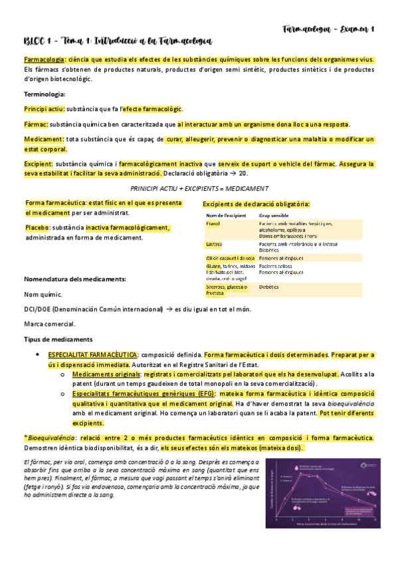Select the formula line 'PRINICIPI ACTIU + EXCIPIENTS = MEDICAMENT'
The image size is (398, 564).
point(199,188)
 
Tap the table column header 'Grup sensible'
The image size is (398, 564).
point(278,216)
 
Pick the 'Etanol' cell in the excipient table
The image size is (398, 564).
point(213,225)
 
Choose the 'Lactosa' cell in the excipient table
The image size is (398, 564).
point(215,245)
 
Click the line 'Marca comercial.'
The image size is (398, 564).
point(49,324)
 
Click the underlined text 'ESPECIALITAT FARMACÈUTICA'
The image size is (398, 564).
point(92,355)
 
